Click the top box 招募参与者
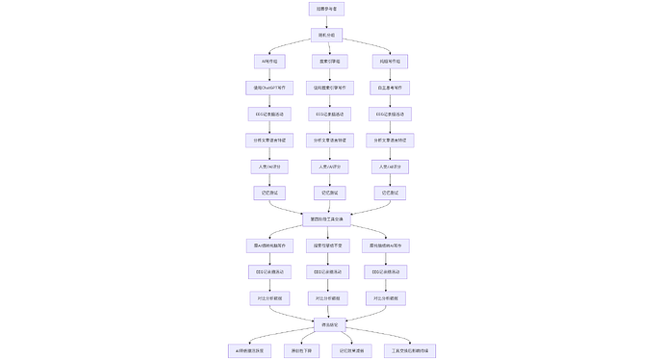tap(326, 9)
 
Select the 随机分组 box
tap(326, 35)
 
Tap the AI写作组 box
tap(268, 62)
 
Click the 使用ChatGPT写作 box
tap(268, 88)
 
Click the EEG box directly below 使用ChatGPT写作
tap(268, 114)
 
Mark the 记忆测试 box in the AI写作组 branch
tap(268, 193)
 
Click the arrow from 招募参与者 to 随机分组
tap(326, 22)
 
